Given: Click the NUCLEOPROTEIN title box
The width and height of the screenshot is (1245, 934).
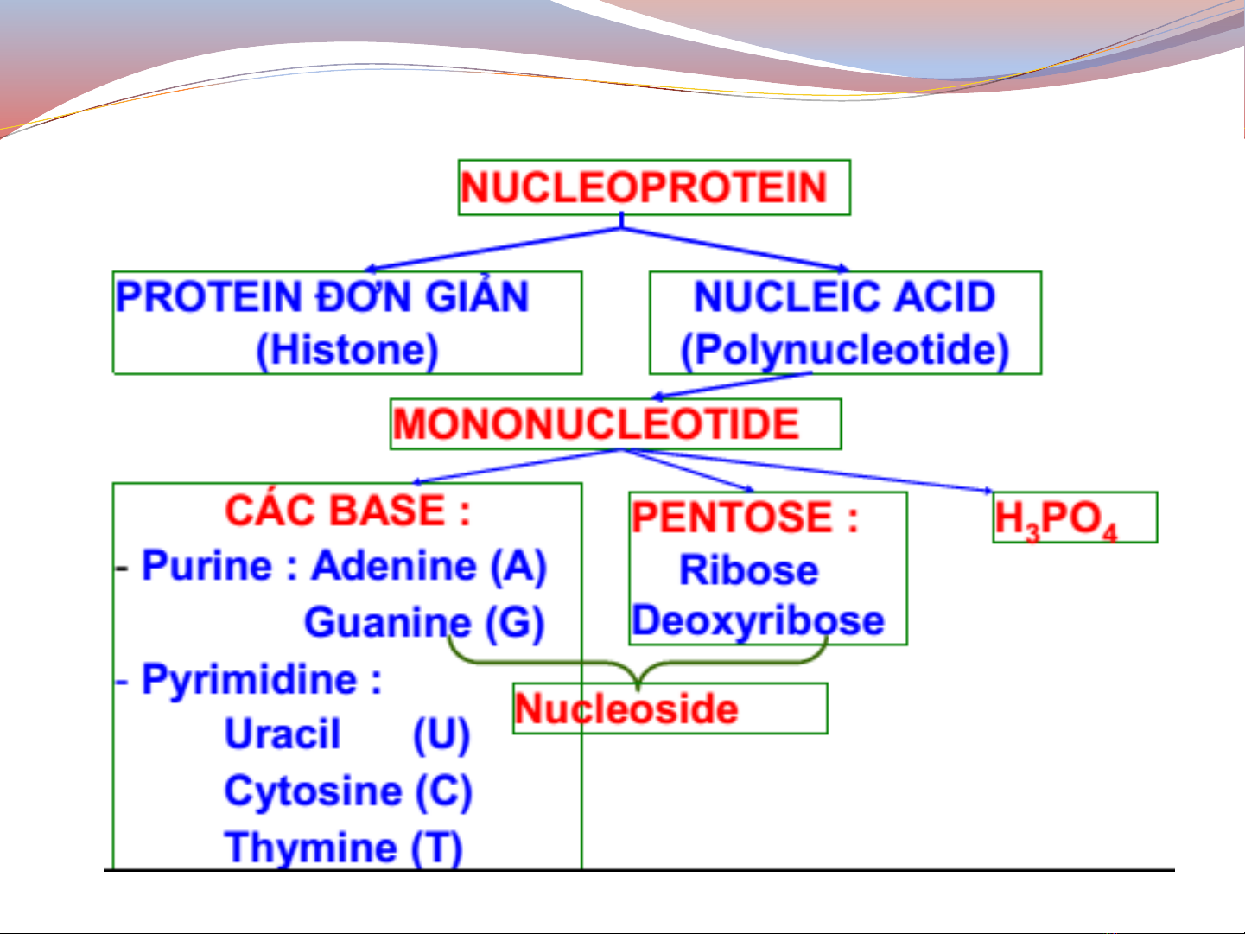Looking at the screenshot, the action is pos(654,187).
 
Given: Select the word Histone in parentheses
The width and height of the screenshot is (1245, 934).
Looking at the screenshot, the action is pos(347,350).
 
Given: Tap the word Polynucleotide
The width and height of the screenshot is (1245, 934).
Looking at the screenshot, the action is pos(845,350).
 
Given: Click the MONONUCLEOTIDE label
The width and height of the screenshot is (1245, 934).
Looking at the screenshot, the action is pos(596,423).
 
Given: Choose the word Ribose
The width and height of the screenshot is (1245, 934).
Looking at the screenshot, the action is pos(749,569).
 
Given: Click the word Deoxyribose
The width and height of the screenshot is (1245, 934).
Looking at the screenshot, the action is pos(758,621).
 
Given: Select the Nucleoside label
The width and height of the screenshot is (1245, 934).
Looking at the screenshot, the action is pos(626,708).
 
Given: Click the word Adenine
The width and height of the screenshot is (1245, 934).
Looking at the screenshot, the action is pos(394,565).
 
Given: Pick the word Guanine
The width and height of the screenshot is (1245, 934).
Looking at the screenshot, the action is pos(387,621).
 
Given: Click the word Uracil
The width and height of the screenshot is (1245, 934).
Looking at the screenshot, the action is pos(283,734).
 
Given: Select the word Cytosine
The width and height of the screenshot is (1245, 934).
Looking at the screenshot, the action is pos(313,791).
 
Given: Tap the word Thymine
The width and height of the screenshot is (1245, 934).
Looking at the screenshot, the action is pos(311,848).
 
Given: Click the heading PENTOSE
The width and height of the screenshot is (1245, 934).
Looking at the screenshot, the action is pos(733,518).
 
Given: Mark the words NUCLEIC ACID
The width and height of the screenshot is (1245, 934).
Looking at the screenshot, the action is pos(845,296).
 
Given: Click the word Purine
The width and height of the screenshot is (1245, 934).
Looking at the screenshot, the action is pos(207,565).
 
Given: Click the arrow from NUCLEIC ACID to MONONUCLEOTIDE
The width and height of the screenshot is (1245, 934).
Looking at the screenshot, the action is pos(732,384).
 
